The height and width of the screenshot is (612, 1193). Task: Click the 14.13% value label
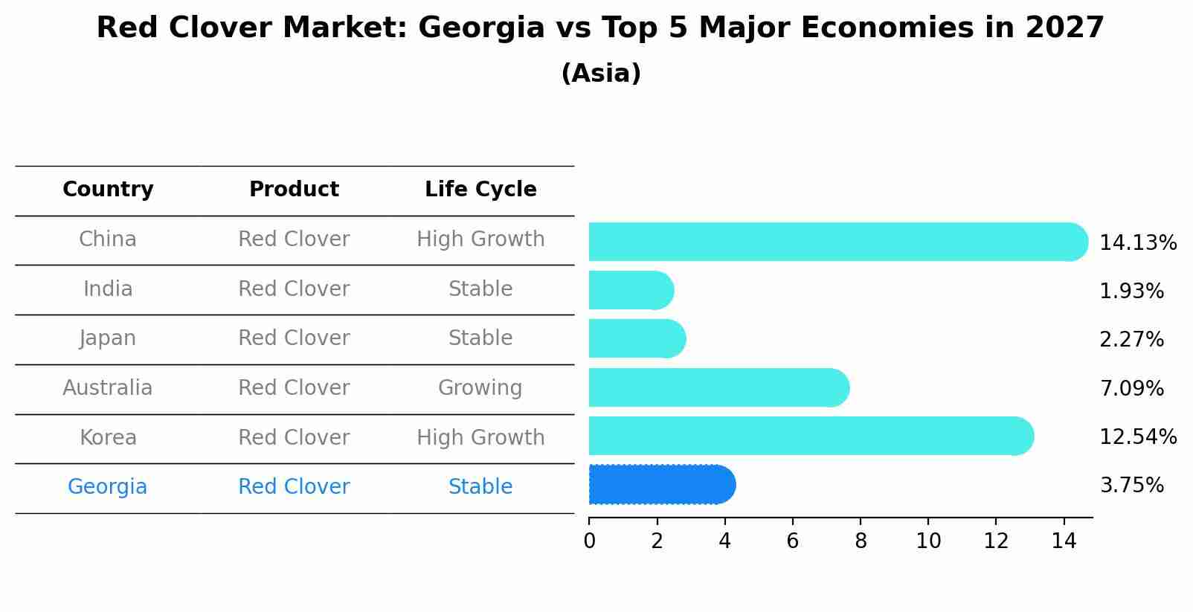[1137, 243]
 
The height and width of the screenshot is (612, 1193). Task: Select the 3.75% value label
[1131, 486]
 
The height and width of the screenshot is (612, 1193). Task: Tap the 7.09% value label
[1131, 388]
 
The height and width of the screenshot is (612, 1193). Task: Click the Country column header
[108, 190]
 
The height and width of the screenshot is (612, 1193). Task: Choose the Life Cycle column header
[480, 190]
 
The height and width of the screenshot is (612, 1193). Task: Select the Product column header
[294, 190]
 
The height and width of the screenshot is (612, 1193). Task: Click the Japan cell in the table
[108, 338]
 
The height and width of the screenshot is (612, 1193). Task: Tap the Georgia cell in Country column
[108, 487]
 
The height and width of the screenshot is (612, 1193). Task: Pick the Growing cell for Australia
[480, 388]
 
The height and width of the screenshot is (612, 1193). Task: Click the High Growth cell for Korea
[480, 438]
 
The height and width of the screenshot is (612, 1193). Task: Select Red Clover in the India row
[294, 289]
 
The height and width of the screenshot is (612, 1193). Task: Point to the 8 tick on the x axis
[861, 541]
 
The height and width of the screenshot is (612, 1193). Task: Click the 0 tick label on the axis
[589, 541]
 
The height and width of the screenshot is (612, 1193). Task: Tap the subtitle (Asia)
[601, 74]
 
